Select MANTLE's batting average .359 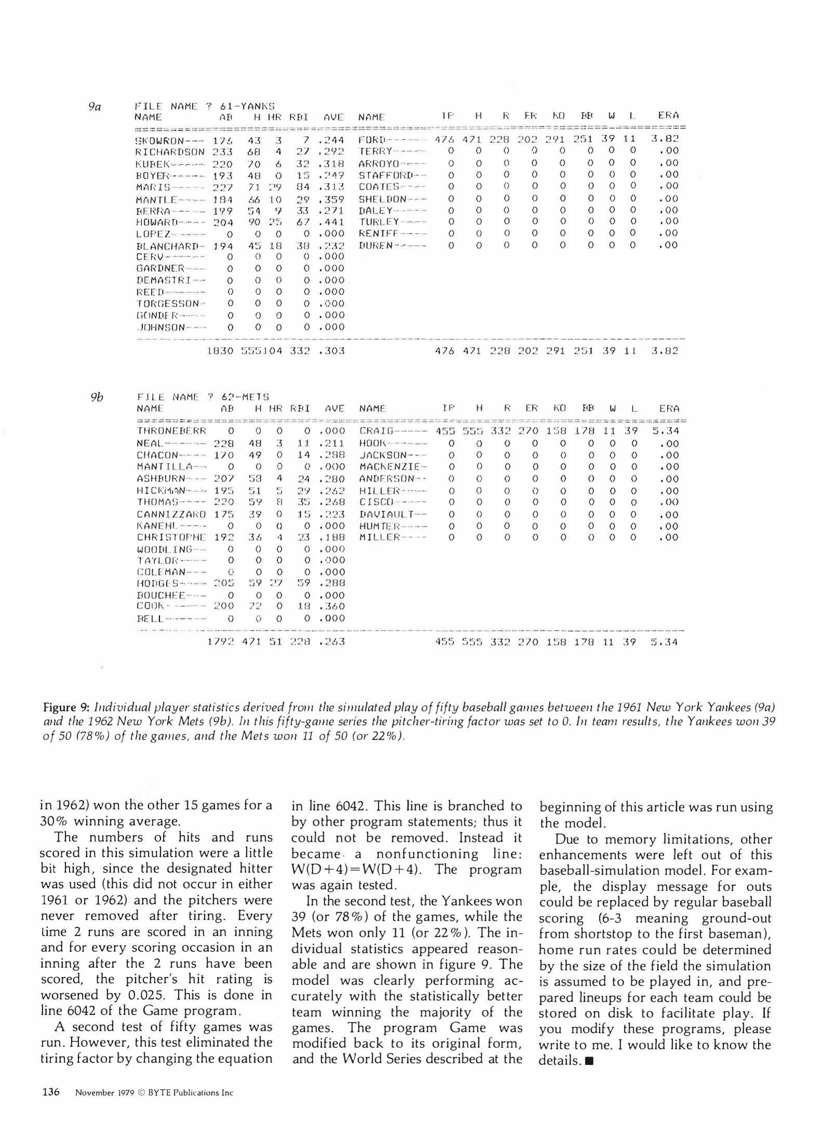[331, 199]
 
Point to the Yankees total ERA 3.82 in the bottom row [665, 351]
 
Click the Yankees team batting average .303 [331, 351]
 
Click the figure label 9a [95, 107]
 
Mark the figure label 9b [97, 397]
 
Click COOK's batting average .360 [331, 606]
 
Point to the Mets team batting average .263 [331, 642]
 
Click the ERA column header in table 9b [669, 409]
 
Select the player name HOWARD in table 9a [153, 223]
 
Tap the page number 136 [50, 1092]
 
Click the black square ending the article [589, 1061]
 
